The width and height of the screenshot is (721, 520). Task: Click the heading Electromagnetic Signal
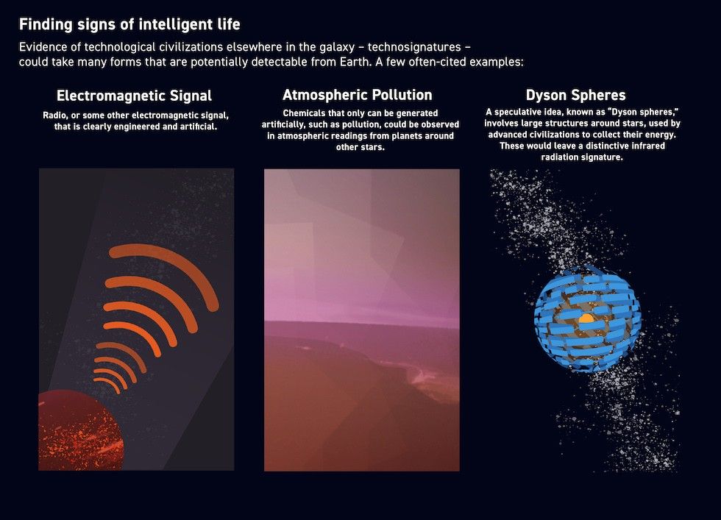coord(134,96)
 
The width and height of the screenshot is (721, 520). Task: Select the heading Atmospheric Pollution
coord(358,95)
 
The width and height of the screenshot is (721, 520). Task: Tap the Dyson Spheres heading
coord(576,95)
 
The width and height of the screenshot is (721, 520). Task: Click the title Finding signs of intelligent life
coord(129,25)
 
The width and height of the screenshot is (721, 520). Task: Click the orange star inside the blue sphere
coord(586,318)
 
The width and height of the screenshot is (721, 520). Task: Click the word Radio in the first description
coord(55,115)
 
